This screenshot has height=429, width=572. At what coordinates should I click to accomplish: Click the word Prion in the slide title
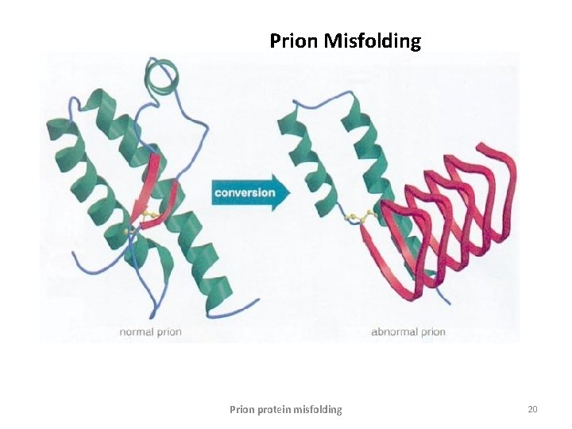point(294,41)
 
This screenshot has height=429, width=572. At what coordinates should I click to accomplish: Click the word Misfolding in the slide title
point(373,41)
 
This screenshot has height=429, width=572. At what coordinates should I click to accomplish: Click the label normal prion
point(150,331)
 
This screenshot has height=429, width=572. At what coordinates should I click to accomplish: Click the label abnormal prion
point(408,331)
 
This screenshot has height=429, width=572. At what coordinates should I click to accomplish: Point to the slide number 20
point(532,409)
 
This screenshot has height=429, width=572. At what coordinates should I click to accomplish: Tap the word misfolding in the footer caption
point(319,410)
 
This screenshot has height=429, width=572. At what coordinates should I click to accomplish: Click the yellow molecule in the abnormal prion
point(361,217)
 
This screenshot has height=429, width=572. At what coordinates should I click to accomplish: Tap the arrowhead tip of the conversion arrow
point(290,192)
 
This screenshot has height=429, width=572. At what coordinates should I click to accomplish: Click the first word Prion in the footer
point(242,410)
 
